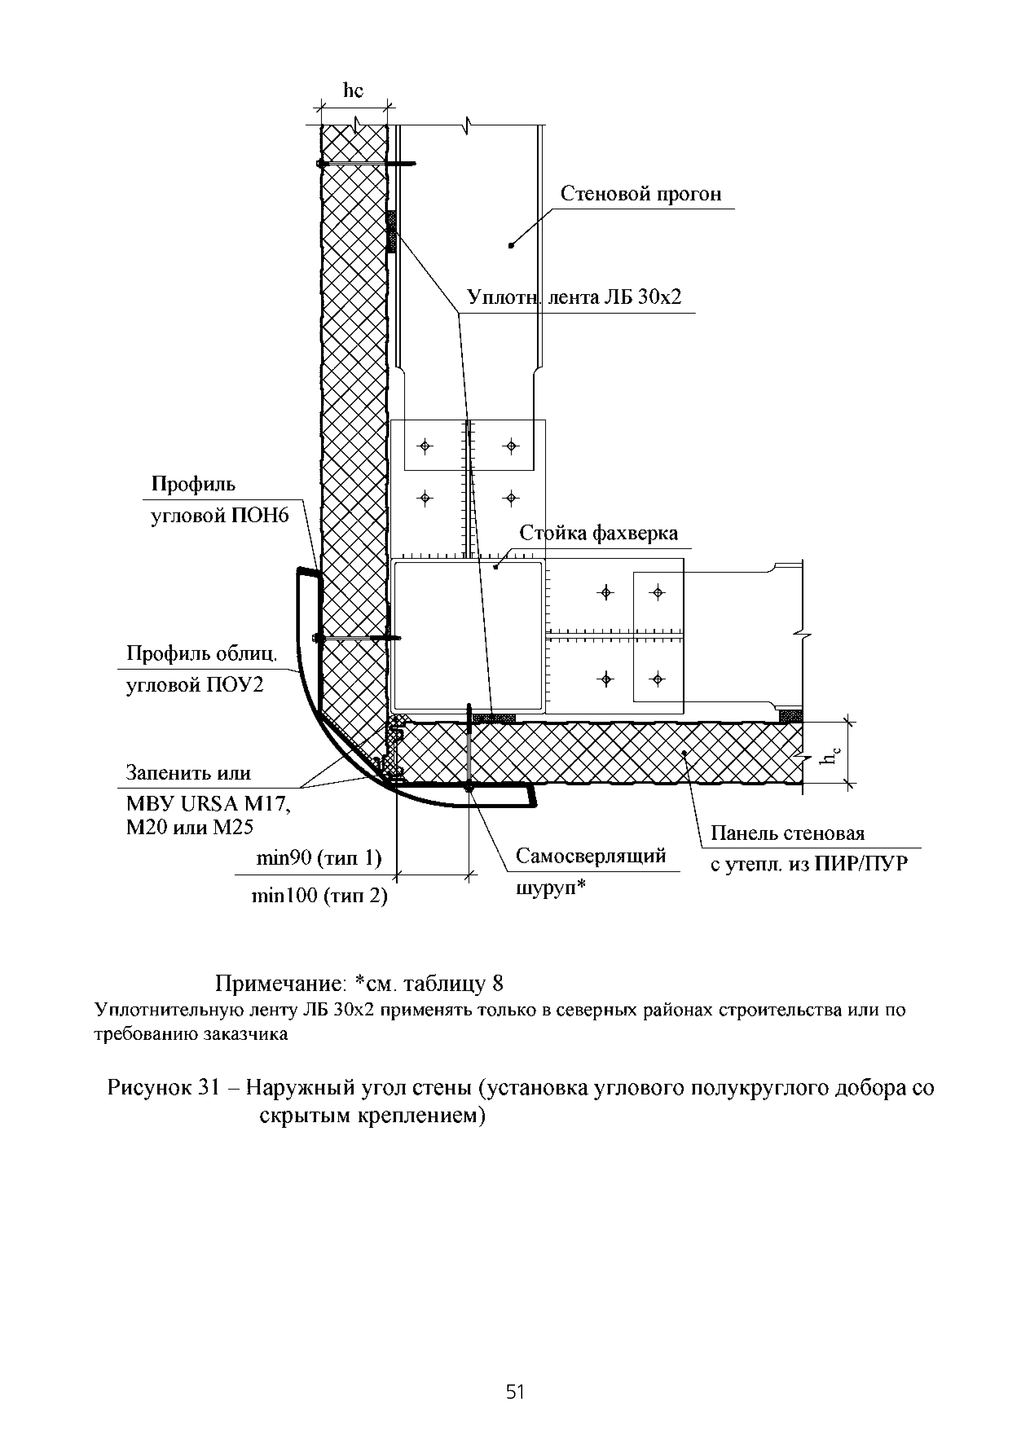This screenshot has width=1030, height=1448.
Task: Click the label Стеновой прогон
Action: click(640, 194)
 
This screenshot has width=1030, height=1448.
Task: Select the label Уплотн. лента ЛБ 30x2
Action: click(574, 297)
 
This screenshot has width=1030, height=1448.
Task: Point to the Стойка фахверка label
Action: click(598, 533)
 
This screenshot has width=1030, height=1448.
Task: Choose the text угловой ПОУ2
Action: click(195, 686)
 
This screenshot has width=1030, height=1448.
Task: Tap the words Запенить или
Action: click(188, 773)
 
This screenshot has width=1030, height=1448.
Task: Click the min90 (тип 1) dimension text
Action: click(318, 858)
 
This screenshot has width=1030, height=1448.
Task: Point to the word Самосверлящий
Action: click(590, 856)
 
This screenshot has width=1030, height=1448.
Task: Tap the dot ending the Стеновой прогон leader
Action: click(511, 245)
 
